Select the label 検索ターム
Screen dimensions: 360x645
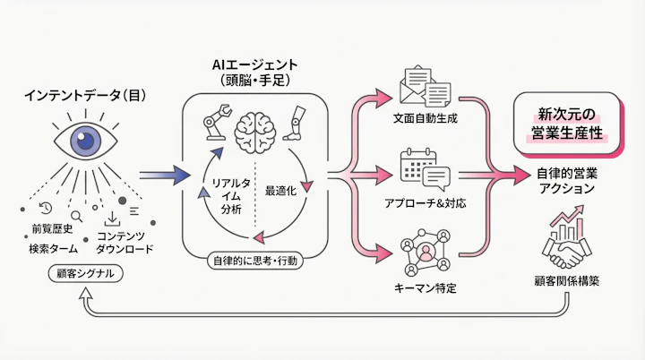point(49,248)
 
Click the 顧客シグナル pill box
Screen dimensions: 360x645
point(84,273)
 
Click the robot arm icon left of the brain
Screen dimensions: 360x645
point(211,124)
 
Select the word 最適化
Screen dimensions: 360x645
point(280,190)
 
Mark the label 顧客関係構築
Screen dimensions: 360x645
point(571,280)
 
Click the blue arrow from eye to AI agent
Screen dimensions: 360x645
point(165,175)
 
